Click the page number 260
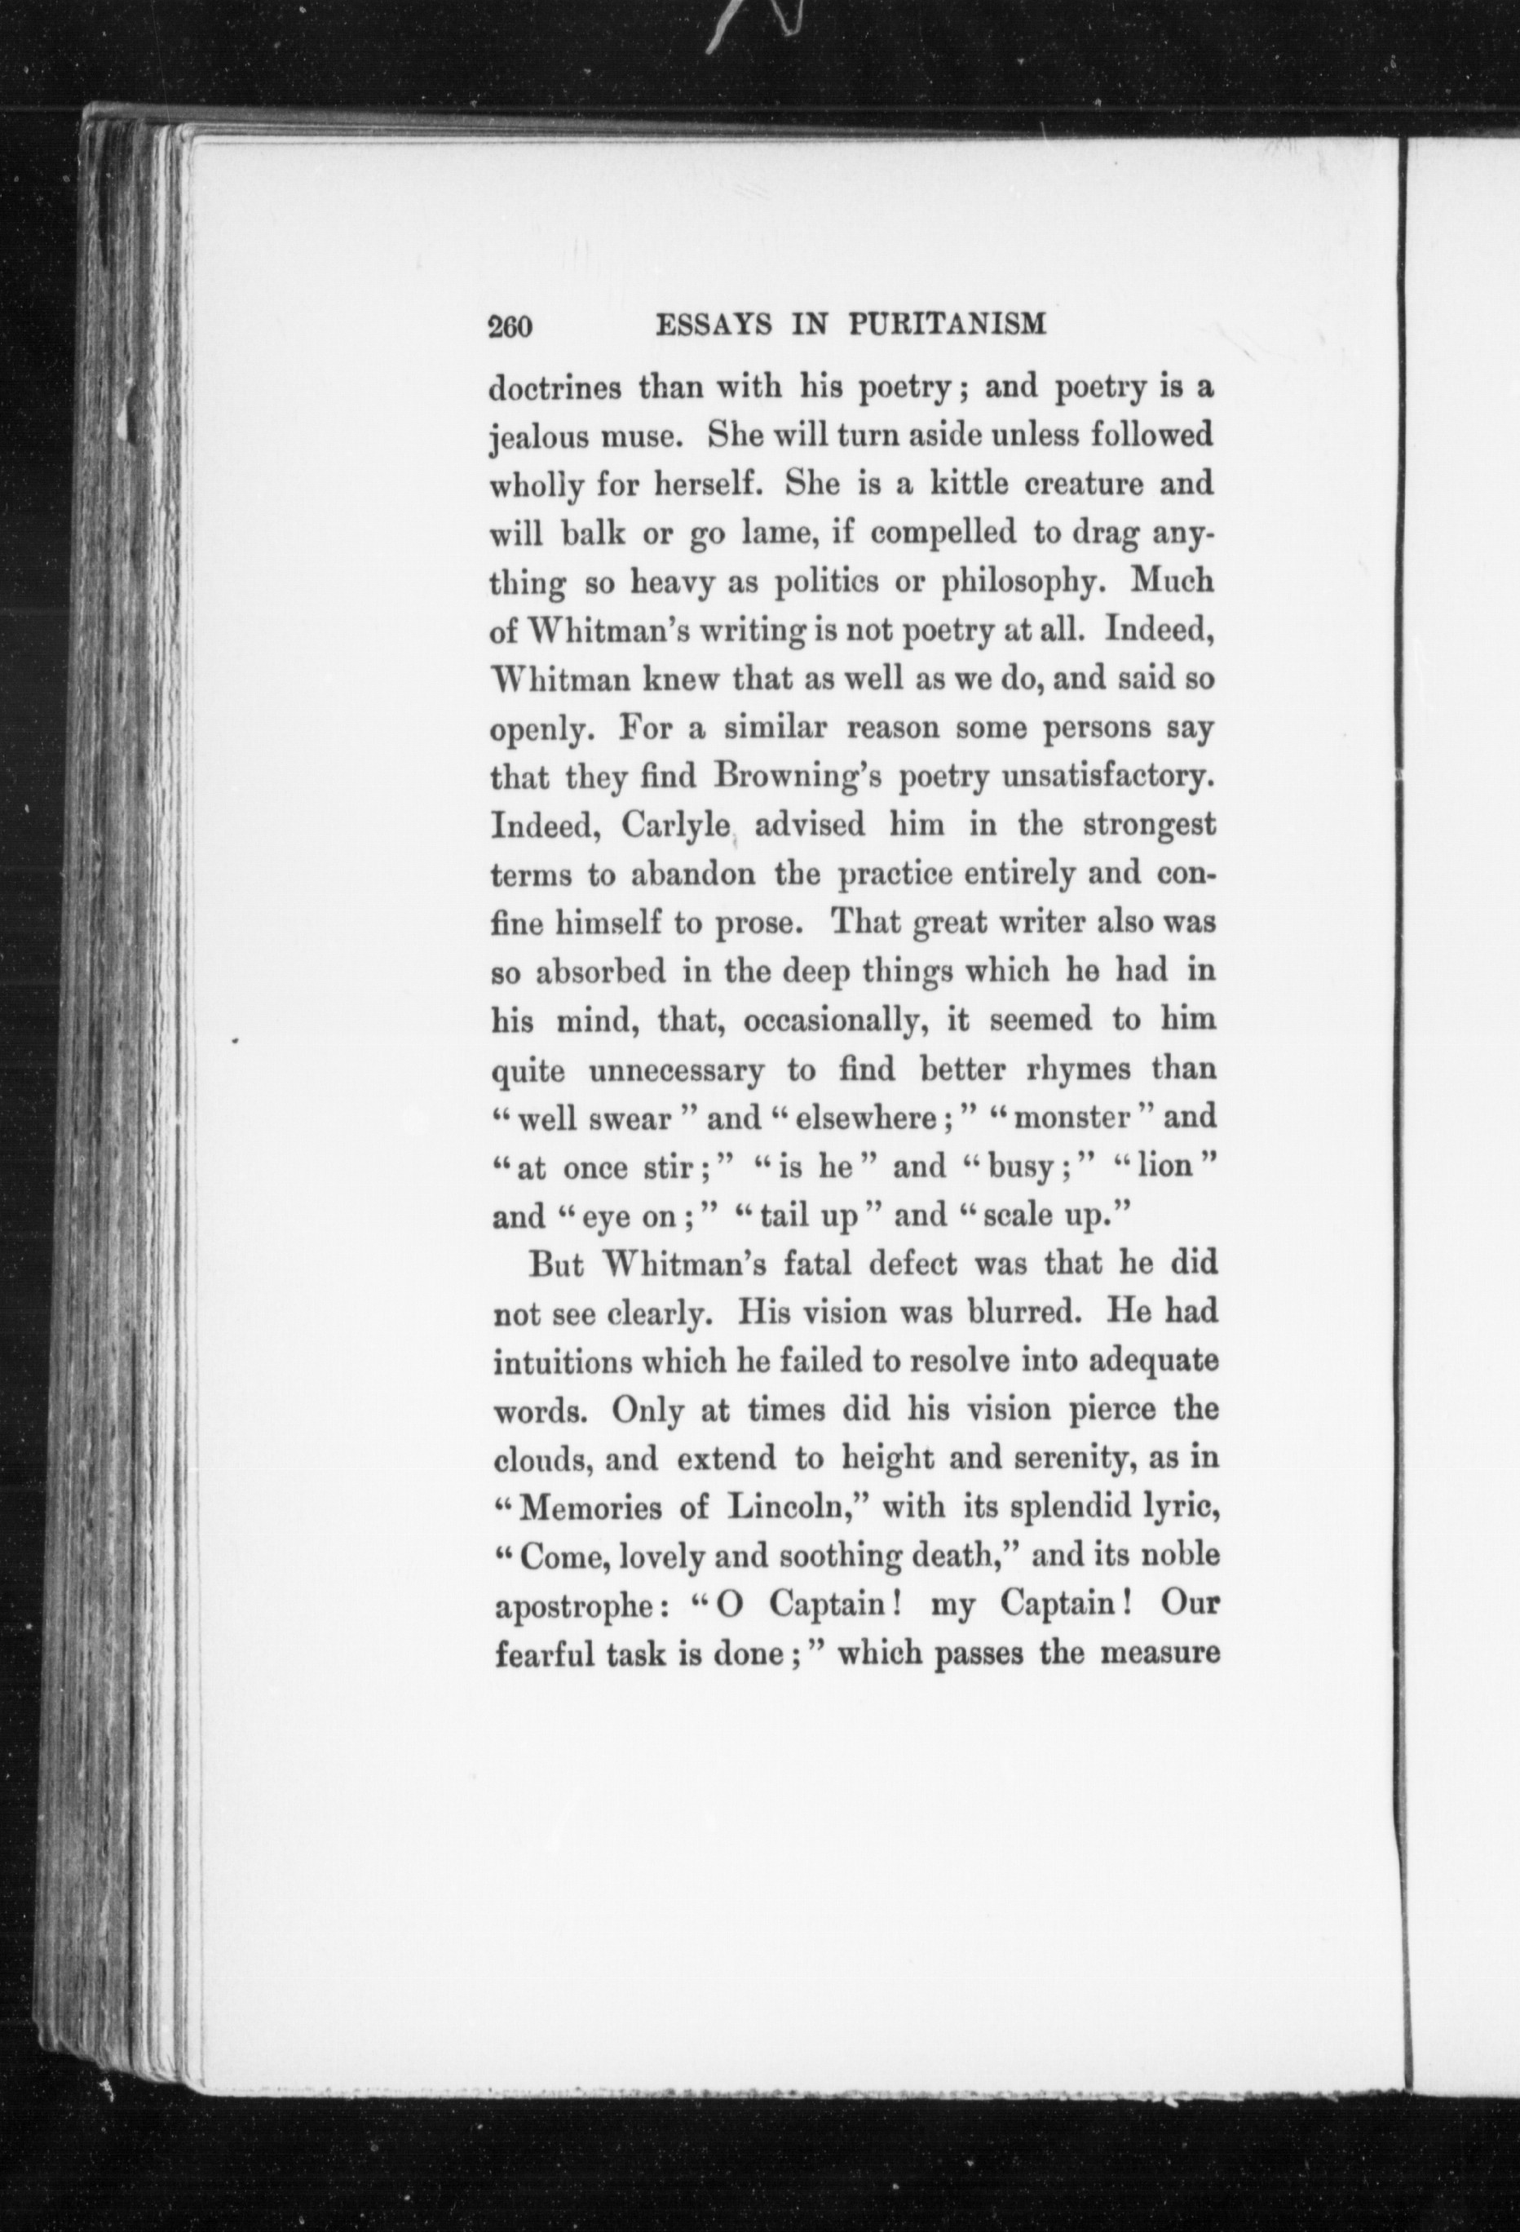pos(510,327)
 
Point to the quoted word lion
pos(1164,1167)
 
